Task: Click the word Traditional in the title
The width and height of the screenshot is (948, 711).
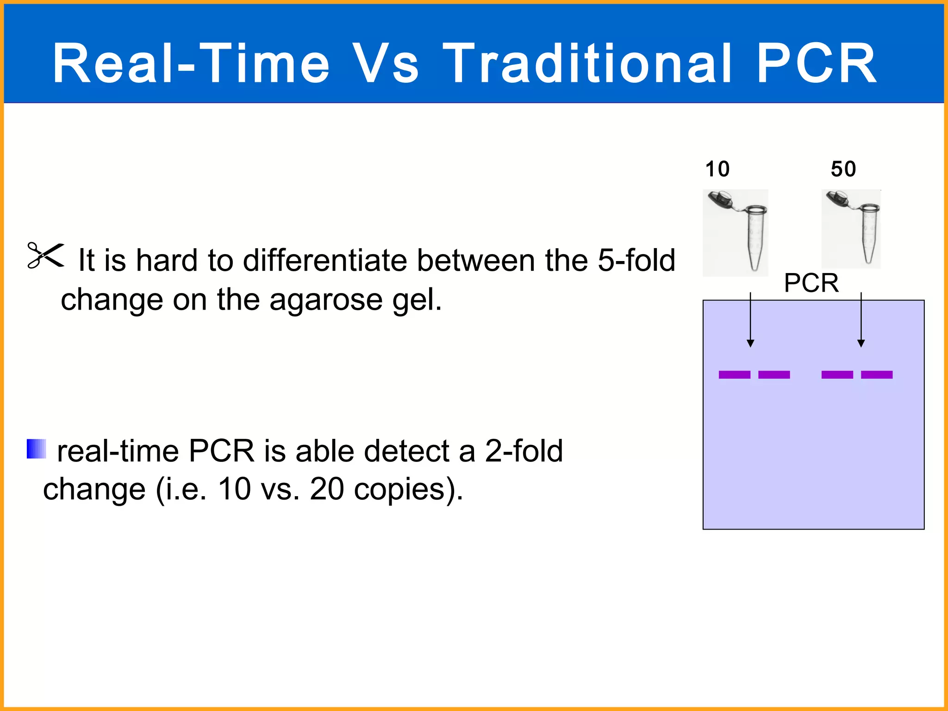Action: click(588, 63)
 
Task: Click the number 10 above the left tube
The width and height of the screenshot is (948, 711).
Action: click(717, 169)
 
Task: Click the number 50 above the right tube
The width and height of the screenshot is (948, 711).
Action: click(843, 169)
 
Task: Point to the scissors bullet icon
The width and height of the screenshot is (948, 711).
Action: click(45, 255)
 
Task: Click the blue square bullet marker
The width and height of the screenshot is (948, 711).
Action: click(36, 449)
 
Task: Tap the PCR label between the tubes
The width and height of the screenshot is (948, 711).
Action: click(811, 283)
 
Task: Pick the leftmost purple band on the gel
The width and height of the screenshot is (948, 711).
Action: click(734, 374)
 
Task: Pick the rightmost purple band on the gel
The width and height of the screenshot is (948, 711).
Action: click(877, 374)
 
